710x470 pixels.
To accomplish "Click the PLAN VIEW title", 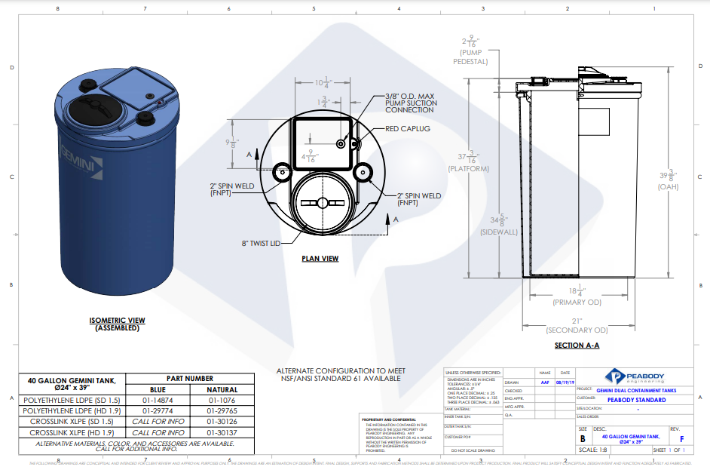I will [320, 259].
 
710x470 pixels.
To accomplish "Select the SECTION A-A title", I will [577, 346].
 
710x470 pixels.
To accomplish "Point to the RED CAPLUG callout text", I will [408, 129].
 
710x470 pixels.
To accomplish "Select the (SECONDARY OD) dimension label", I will [577, 330].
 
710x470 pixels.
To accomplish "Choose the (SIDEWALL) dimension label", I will [499, 232].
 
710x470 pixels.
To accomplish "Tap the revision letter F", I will [682, 438].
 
